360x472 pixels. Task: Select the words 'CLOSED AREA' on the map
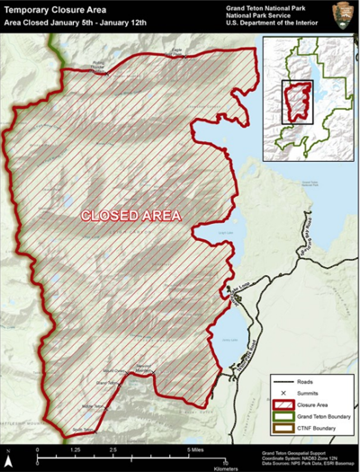pos(131,216)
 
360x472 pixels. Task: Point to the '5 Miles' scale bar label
pos(199,448)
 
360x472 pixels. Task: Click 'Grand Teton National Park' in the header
pos(284,6)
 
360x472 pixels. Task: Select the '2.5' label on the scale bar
pos(113,448)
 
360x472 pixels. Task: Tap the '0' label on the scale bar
pos(36,448)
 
